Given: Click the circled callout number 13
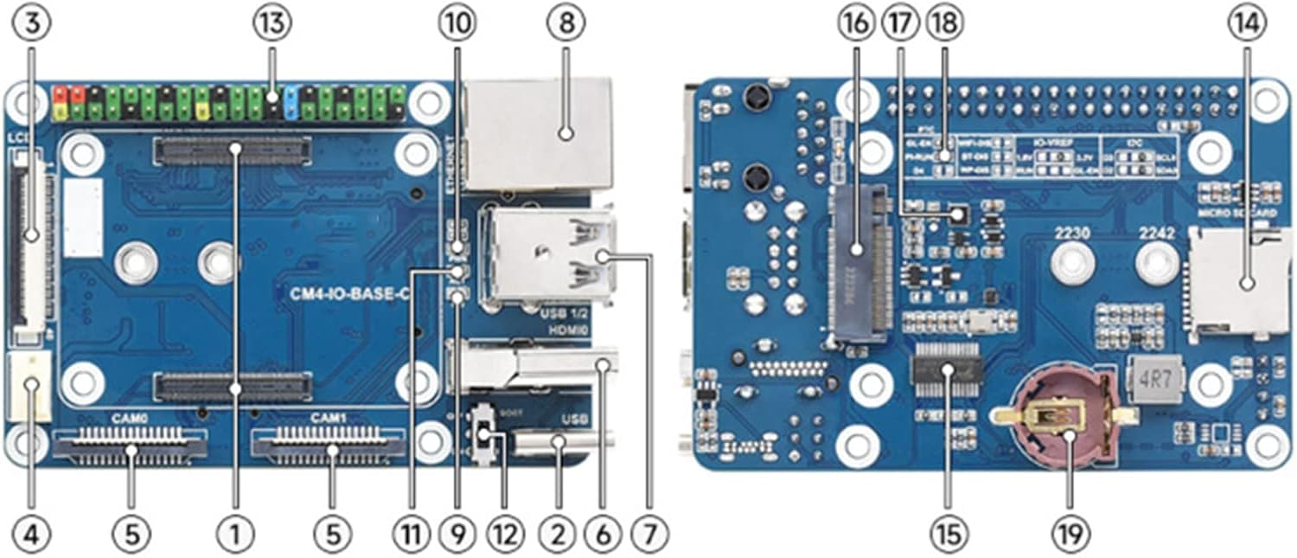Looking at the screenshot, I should point(272,25).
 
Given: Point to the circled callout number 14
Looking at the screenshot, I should point(1246,25).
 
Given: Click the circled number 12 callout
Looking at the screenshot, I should point(504,533).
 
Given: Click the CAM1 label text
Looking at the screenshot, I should point(328,418).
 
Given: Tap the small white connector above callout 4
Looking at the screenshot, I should point(33,385).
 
